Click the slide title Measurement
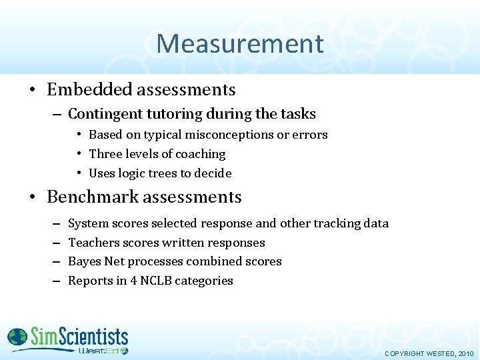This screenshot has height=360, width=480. [x=240, y=44]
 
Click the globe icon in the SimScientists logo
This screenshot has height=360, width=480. [x=17, y=338]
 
